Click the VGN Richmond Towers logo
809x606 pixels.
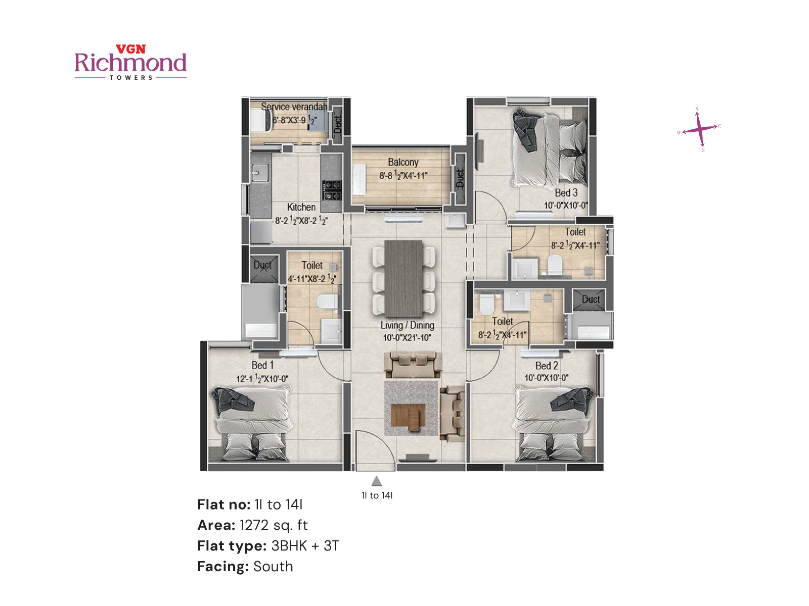tap(130, 63)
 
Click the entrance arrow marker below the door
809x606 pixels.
tap(377, 481)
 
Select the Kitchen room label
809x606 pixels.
tap(301, 207)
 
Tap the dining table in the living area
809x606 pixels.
tap(403, 278)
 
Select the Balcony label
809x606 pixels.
tap(403, 162)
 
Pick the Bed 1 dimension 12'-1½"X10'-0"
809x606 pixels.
tap(262, 378)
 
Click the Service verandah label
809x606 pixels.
tap(294, 107)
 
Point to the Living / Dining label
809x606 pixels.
tap(407, 325)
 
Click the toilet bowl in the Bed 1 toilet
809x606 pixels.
tap(327, 302)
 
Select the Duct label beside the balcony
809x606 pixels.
tap(460, 178)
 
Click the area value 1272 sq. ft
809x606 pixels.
tap(274, 525)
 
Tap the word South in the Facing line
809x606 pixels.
tap(273, 567)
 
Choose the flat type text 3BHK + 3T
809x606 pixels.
tap(305, 546)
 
